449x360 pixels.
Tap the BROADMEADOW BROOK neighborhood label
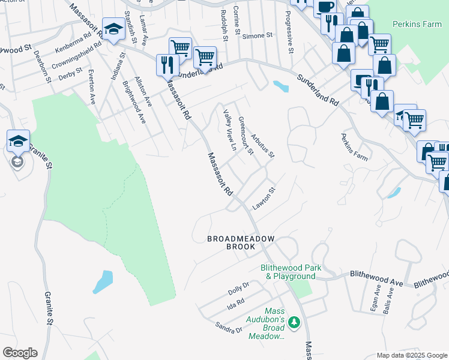point(241,242)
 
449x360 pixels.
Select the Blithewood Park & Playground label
point(291,272)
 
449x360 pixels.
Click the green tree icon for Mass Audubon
point(294,323)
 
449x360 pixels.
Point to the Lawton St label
point(264,199)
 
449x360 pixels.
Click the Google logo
point(20,353)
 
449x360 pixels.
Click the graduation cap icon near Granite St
point(18,142)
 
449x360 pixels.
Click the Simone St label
point(258,36)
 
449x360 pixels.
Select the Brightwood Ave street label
point(134,103)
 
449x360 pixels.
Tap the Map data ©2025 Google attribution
point(411,355)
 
